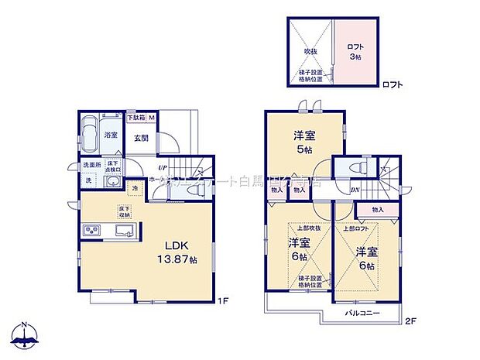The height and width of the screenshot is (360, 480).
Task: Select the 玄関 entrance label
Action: pyautogui.click(x=140, y=138)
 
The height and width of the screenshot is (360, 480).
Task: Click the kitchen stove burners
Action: pyautogui.click(x=92, y=231)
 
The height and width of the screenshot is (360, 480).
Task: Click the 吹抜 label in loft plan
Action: pyautogui.click(x=311, y=53)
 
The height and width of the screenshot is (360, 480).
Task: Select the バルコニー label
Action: pyautogui.click(x=363, y=314)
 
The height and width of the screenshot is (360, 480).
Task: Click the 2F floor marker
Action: pyautogui.click(x=410, y=318)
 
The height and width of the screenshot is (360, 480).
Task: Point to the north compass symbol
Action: pyautogui.click(x=26, y=334)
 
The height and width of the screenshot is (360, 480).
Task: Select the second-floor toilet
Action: pyautogui.click(x=357, y=168)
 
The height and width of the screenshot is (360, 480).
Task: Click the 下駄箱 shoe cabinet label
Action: pyautogui.click(x=137, y=118)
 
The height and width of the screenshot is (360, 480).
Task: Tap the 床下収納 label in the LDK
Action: pyautogui.click(x=124, y=211)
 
